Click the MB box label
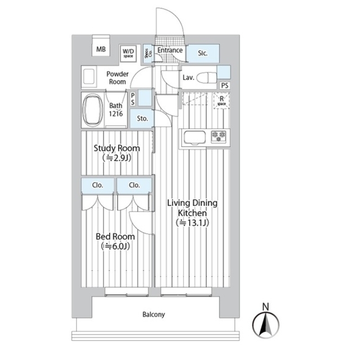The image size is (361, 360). (x=101, y=49)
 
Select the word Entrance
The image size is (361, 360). (x=170, y=51)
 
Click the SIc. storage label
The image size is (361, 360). (x=203, y=53)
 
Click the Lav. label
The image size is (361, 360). (x=188, y=78)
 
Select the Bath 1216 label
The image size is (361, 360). (x=116, y=110)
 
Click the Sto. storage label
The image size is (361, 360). (x=142, y=119)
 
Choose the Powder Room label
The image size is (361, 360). (x=117, y=78)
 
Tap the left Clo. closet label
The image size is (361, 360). (x=97, y=185)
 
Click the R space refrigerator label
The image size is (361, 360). (x=221, y=101)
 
